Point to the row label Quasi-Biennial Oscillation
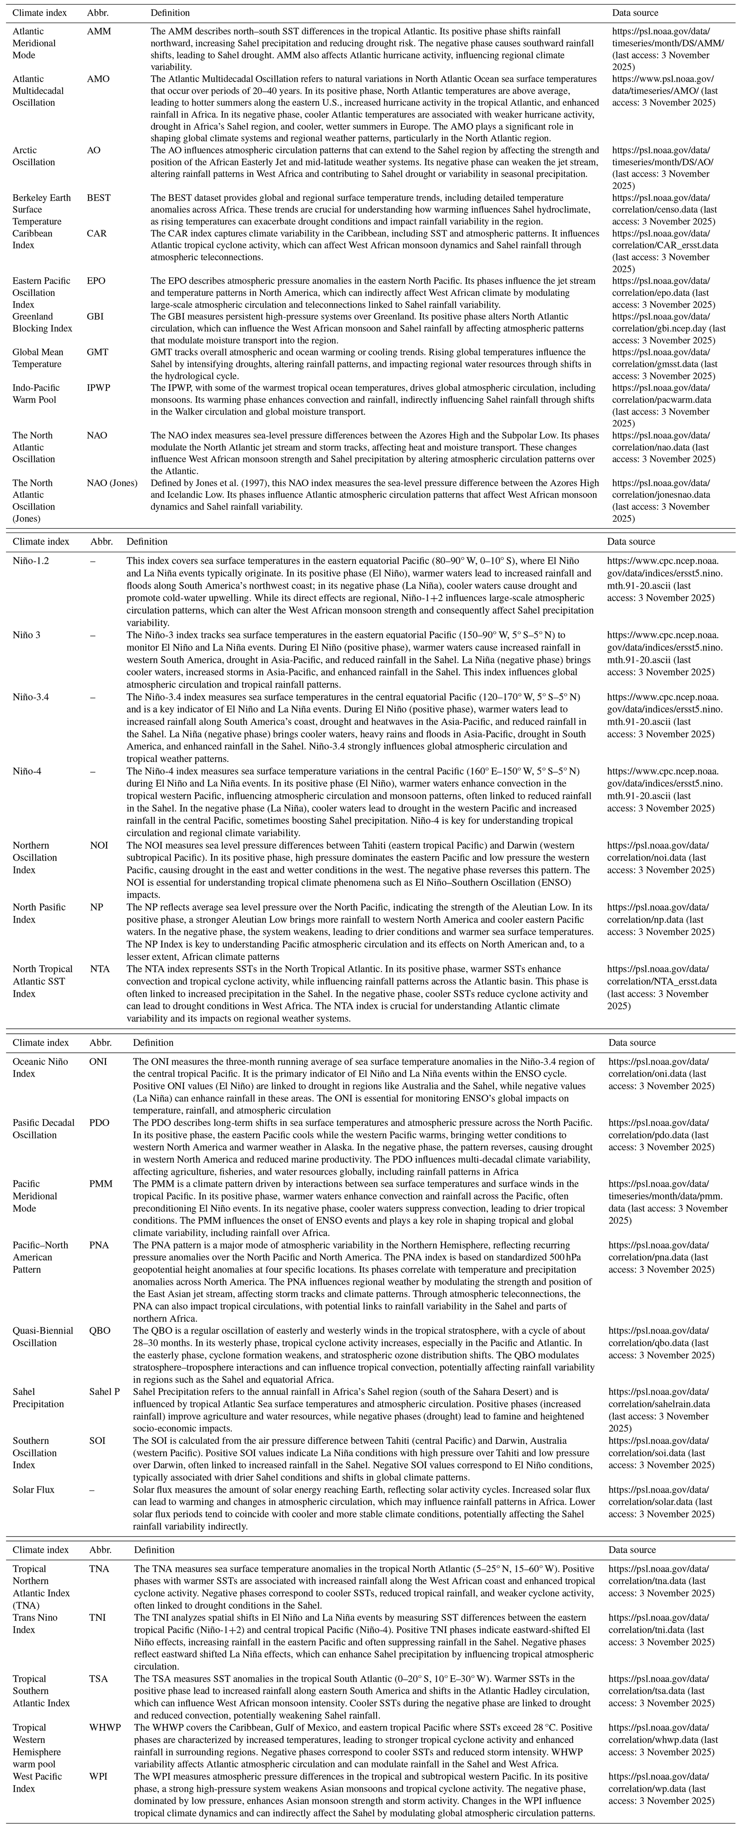[x=43, y=1337]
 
